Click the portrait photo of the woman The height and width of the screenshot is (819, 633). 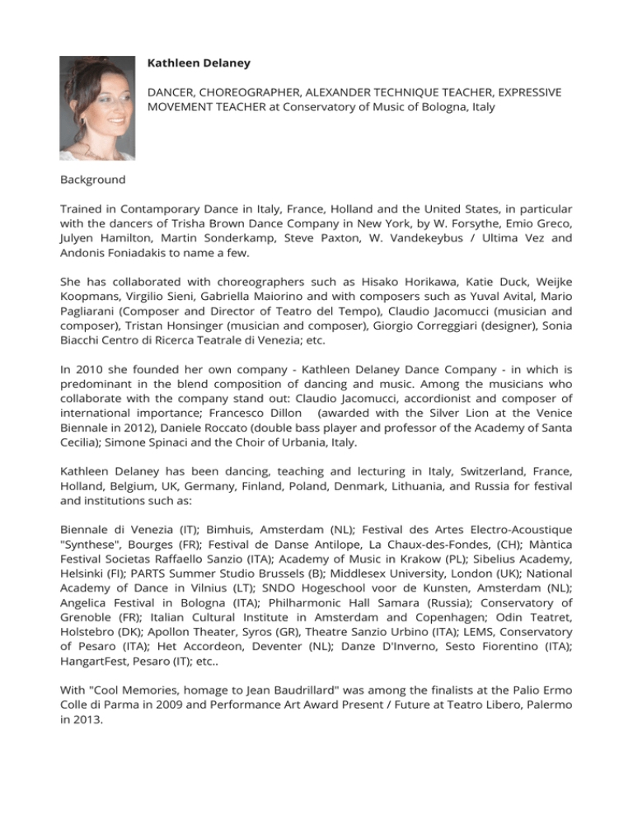click(97, 108)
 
